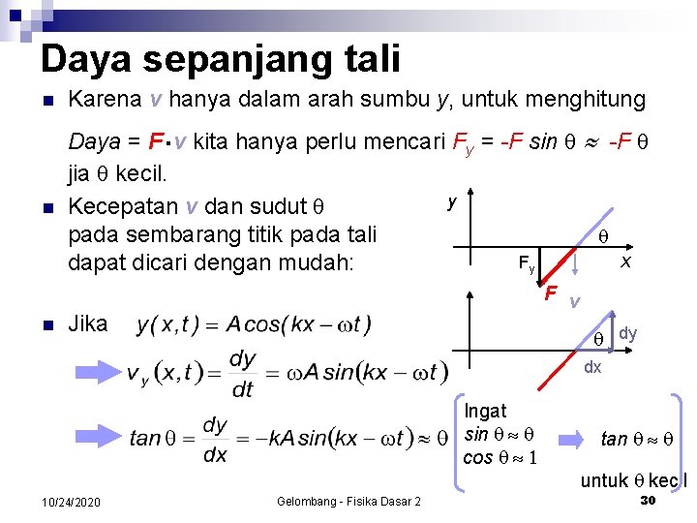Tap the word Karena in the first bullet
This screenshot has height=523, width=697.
click(105, 100)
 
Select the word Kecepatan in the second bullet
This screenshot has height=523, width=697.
click(123, 207)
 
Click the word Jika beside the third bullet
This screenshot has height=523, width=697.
click(88, 323)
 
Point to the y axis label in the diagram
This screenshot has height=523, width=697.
click(451, 202)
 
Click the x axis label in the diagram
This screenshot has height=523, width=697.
click(625, 262)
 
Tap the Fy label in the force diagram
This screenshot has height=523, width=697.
click(526, 263)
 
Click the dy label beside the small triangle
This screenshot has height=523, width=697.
click(628, 333)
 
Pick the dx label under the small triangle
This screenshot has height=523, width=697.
click(591, 368)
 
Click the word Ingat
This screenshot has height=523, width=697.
click(486, 412)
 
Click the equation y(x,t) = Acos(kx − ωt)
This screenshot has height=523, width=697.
click(253, 324)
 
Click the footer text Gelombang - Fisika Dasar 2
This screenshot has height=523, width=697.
click(348, 501)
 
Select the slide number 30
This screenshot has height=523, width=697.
click(648, 500)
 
